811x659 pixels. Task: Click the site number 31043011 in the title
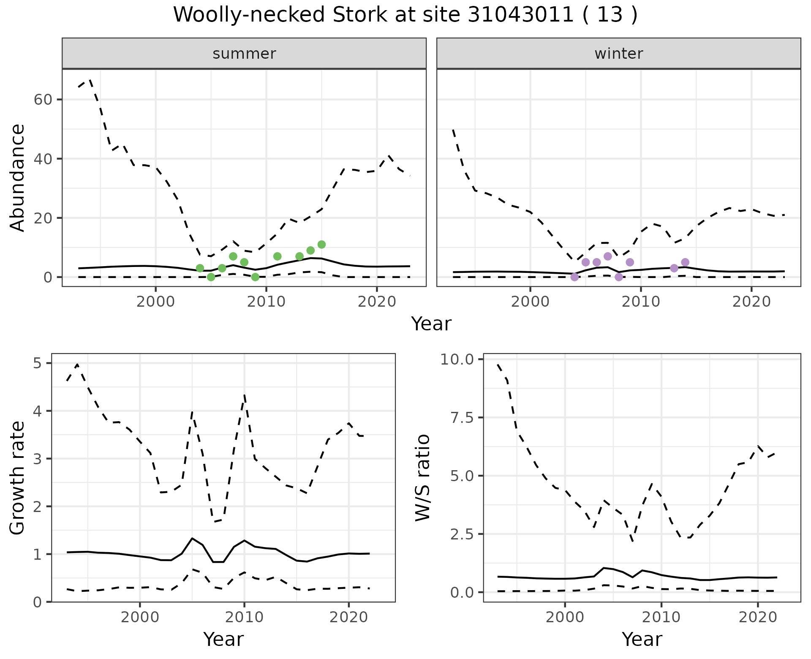click(x=521, y=15)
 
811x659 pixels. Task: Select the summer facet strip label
click(x=244, y=54)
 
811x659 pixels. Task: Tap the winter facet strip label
click(x=618, y=54)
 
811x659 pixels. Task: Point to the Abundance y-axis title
click(x=18, y=177)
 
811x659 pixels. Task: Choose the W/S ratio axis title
click(x=423, y=477)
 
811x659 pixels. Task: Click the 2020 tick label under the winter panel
click(x=751, y=302)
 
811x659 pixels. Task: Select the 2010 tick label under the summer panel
click(x=266, y=302)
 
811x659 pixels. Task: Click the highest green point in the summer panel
click(x=321, y=245)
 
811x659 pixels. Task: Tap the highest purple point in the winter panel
click(x=608, y=256)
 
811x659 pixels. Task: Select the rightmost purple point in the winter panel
click(x=685, y=262)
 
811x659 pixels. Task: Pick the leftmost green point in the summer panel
click(x=200, y=268)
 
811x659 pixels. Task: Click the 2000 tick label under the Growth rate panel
click(x=140, y=617)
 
